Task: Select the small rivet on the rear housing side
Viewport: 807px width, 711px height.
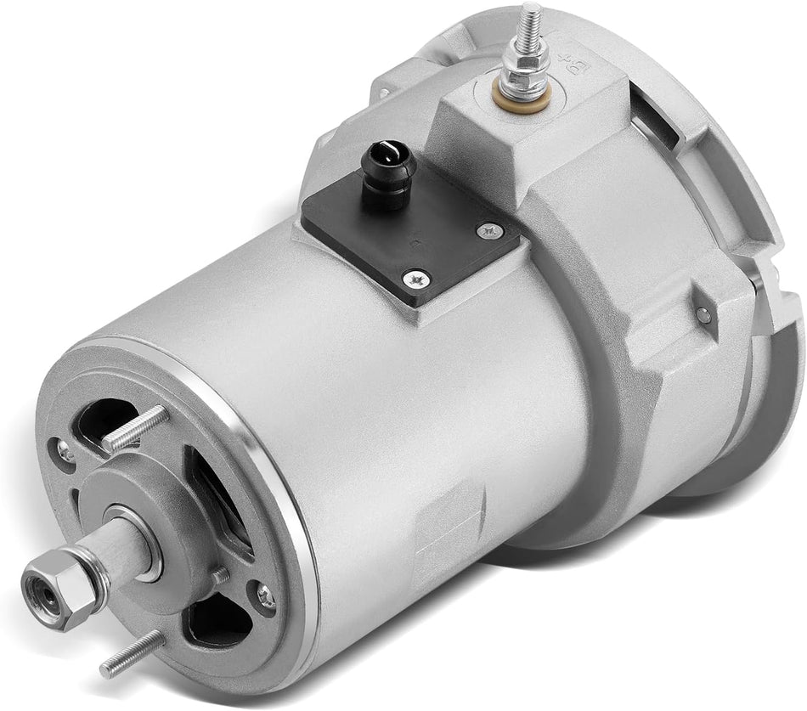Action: coord(701,315)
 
